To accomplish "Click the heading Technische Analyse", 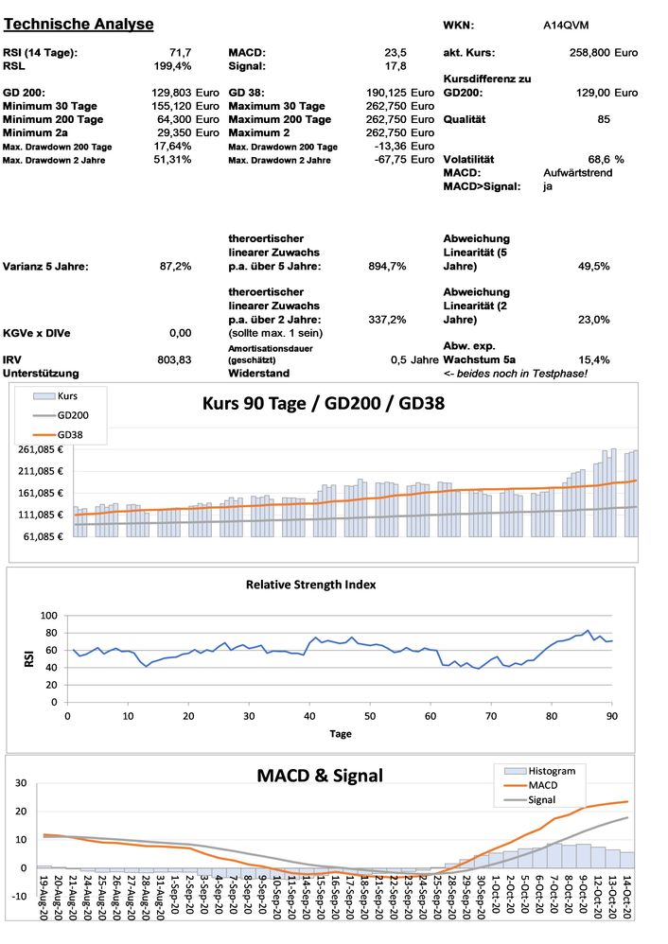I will click(x=79, y=24).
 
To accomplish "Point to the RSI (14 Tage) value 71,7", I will click(x=178, y=53).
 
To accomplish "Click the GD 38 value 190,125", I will click(x=385, y=93).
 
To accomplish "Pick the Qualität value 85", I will click(x=604, y=119).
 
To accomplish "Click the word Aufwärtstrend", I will click(x=577, y=173).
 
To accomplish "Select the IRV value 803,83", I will click(x=175, y=359).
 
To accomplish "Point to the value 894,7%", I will click(x=387, y=267).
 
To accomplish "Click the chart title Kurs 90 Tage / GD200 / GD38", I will click(x=324, y=403).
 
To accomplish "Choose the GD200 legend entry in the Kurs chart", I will click(x=72, y=414).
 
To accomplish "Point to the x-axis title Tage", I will click(x=340, y=733).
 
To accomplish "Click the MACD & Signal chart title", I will click(x=320, y=776).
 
